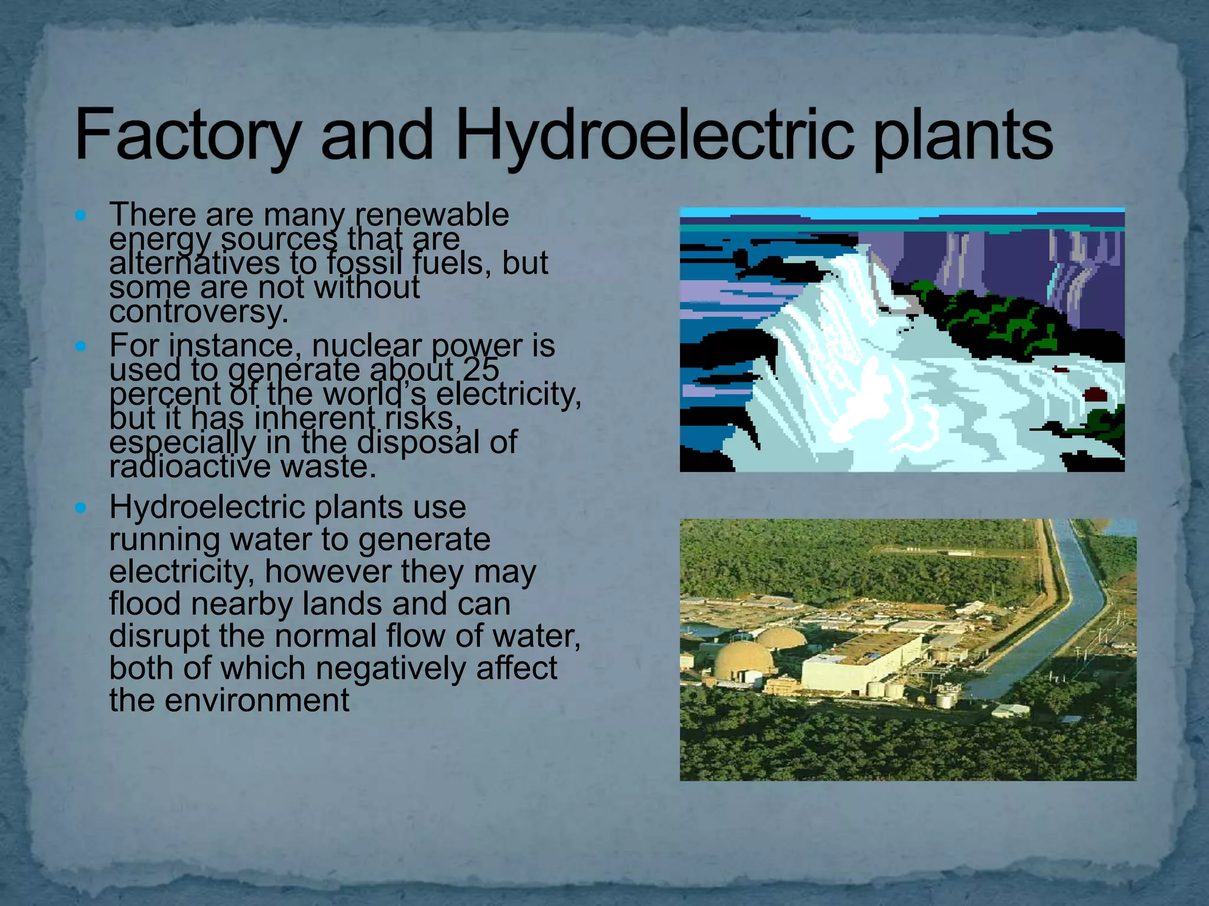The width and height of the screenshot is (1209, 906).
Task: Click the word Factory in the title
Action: pos(187,135)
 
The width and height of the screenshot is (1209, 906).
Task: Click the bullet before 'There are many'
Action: pos(81,215)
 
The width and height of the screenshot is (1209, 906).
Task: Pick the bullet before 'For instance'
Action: pos(81,346)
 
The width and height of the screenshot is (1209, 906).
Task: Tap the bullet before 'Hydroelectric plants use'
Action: pos(81,507)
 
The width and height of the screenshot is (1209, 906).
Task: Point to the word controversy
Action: pos(198,311)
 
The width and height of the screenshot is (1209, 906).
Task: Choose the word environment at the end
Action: pos(257,700)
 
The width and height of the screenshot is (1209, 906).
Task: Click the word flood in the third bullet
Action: pos(145,603)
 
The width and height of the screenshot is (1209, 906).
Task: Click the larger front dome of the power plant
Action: pos(742,659)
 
